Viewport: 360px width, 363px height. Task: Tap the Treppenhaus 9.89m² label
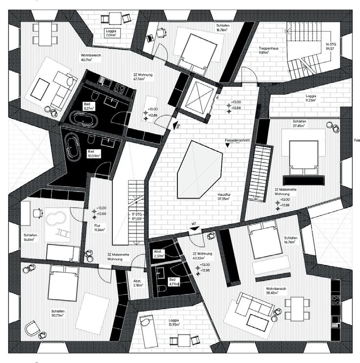(269, 51)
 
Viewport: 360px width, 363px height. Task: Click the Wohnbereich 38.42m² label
(276, 291)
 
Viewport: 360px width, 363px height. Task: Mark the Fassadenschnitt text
(237, 140)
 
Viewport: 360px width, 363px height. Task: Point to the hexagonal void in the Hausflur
(198, 169)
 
